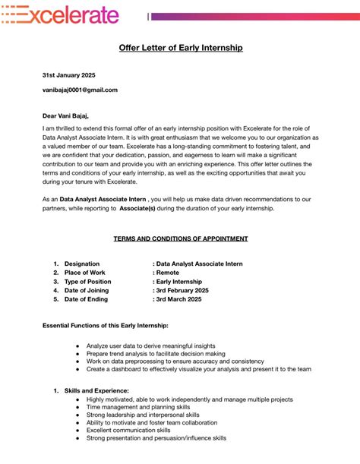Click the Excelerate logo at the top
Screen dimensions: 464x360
click(60, 14)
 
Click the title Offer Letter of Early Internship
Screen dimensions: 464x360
click(181, 48)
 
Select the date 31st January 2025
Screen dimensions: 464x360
click(68, 75)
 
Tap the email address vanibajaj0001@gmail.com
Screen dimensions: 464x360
click(80, 90)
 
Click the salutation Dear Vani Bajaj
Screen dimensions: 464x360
click(65, 116)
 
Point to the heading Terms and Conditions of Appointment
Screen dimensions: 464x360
click(181, 238)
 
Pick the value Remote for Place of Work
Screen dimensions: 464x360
click(167, 273)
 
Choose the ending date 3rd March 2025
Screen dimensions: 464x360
click(178, 300)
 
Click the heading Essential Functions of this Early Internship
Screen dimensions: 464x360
click(105, 325)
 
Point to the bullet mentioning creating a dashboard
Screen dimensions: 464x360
click(199, 369)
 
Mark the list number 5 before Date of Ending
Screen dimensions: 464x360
click(55, 300)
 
